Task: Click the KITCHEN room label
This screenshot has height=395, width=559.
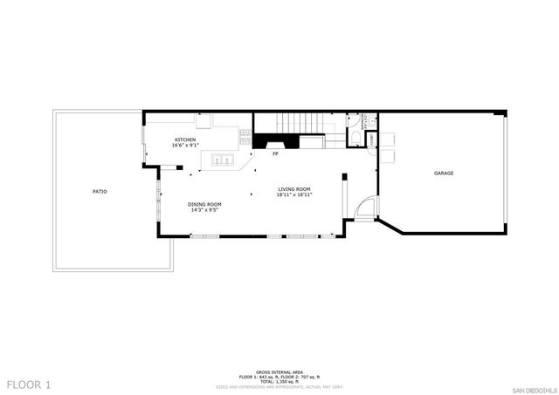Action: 184,140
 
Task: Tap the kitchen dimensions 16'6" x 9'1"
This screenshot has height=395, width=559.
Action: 184,146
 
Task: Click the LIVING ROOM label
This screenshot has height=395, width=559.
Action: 294,188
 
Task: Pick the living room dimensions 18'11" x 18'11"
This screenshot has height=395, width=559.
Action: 294,194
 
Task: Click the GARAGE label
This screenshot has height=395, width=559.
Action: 444,174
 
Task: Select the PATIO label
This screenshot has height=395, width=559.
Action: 100,191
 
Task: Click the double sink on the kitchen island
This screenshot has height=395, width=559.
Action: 221,160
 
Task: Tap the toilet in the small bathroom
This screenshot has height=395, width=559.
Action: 353,123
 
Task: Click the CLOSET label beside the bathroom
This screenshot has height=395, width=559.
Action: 372,139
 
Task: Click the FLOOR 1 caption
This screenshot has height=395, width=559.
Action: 29,384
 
